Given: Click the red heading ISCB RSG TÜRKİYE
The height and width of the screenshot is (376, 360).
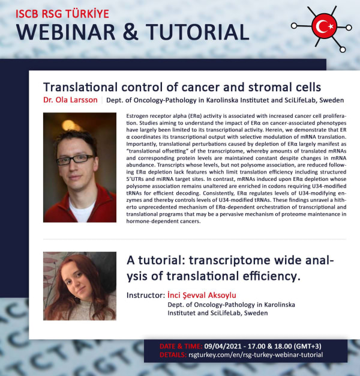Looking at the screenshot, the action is [62, 14].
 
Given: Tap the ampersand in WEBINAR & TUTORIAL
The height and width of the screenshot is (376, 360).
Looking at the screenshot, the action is [130, 32].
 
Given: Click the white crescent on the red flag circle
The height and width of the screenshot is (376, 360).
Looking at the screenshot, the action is [321, 26].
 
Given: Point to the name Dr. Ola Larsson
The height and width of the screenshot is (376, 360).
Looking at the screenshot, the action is [70, 100].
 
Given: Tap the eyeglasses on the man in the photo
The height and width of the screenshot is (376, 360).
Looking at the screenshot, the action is [75, 159].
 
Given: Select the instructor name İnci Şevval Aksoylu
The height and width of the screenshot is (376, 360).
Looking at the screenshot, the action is [202, 295].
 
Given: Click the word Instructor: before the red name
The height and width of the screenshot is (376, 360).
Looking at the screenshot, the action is [146, 295].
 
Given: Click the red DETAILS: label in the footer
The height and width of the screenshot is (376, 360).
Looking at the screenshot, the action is [173, 354].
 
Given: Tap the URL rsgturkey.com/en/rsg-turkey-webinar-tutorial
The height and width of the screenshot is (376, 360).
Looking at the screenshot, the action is [256, 355].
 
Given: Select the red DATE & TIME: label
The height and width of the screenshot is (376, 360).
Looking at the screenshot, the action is [181, 347].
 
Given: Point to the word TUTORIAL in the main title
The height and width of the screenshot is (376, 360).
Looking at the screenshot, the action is [197, 32].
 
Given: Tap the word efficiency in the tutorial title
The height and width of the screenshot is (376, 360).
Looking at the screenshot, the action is [272, 276].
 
